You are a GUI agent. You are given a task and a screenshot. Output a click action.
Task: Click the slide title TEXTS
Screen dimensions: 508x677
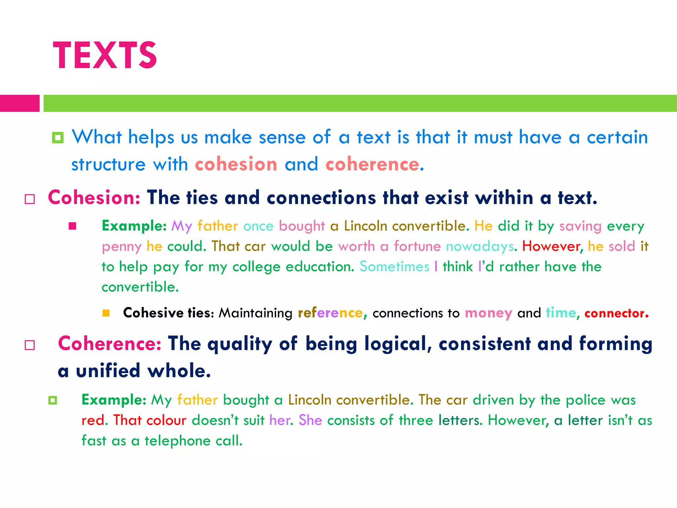[105, 55]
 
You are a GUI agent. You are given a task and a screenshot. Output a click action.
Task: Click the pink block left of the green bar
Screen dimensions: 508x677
[20, 103]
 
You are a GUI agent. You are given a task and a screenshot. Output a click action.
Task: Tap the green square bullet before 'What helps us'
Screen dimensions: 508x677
[58, 138]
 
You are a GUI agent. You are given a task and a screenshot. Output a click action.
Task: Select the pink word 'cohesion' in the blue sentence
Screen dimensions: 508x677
[236, 164]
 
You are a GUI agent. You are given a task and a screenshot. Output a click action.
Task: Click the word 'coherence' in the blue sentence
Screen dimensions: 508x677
[373, 164]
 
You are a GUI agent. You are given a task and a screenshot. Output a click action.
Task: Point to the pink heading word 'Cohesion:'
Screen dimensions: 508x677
[94, 198]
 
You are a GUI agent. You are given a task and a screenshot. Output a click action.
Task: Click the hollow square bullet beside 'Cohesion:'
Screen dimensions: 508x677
[30, 199]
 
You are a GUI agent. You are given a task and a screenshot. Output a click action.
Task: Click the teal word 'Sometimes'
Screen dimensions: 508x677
[394, 267]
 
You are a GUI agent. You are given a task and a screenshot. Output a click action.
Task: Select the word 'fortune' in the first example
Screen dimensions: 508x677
[417, 246]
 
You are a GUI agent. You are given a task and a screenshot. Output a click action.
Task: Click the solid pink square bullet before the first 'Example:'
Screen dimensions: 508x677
[72, 226]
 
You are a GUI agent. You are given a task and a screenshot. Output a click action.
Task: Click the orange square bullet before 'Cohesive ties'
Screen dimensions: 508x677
[106, 313]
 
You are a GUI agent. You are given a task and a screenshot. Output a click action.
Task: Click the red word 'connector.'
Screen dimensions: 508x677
[617, 313]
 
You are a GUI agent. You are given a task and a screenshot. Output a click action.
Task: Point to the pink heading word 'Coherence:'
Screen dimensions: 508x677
[110, 344]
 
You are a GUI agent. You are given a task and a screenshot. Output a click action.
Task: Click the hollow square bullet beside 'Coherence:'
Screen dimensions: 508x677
[30, 345]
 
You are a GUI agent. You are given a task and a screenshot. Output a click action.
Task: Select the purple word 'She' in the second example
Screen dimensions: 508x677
[310, 420]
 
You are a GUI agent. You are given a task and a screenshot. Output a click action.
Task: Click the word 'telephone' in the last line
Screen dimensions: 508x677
[178, 441]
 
